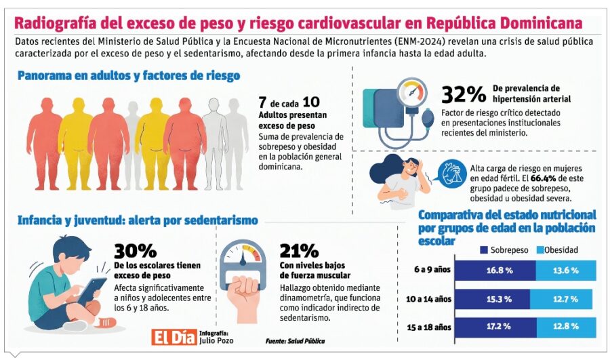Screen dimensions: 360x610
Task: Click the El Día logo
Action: [173, 337]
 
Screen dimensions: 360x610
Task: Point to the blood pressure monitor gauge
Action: [411, 92]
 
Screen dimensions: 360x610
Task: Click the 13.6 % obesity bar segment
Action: [565, 270]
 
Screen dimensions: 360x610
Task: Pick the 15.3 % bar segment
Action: [494, 298]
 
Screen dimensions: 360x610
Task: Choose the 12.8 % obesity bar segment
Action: [565, 327]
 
